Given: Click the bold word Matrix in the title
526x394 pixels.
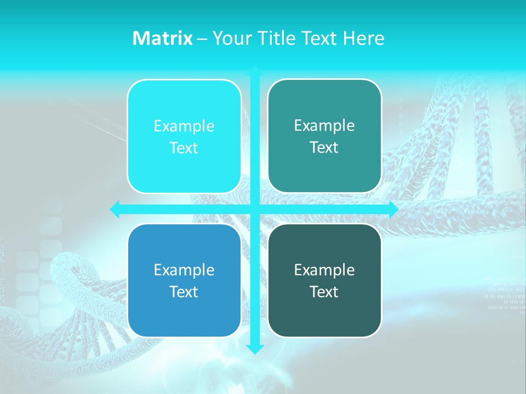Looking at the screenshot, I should [162, 38].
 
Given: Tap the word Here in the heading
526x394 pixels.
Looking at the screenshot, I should [363, 38].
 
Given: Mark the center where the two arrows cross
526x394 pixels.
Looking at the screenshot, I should [255, 209].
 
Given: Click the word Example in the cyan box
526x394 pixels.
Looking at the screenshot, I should [184, 126].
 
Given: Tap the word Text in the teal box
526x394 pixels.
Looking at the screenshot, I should [324, 148].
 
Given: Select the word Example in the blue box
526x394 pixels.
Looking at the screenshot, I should [184, 270].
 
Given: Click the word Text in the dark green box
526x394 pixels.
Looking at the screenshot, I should [324, 292].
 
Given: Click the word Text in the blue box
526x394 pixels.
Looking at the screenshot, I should [184, 292].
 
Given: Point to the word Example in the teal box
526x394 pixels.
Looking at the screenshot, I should [324, 126].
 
